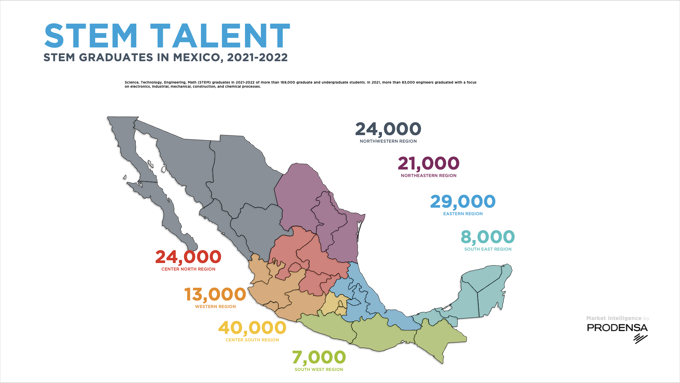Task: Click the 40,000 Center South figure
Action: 252,328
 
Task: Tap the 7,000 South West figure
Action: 319,357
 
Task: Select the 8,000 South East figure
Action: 488,237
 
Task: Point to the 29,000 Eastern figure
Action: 463,201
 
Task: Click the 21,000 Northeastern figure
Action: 428,163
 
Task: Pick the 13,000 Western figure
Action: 215,295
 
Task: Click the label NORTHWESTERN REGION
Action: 388,141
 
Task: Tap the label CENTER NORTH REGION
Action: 188,269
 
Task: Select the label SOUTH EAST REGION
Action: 488,249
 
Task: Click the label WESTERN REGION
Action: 215,307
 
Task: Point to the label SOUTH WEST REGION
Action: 319,370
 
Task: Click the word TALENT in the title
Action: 220,36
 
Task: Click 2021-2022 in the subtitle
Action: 257,57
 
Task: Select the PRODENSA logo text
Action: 617,328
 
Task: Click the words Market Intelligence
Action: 614,318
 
